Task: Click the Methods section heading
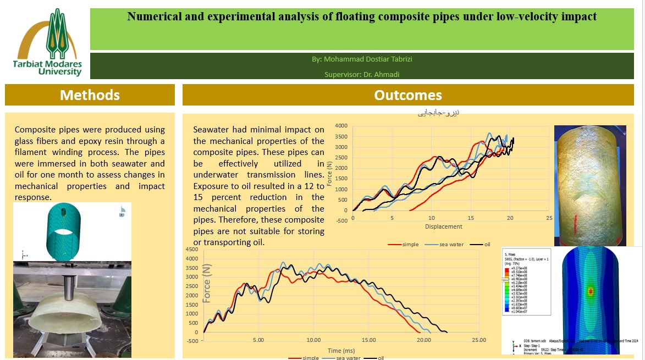click(90, 95)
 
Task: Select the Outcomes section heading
click(407, 95)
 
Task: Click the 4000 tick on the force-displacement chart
click(341, 126)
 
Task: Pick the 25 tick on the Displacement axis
click(549, 218)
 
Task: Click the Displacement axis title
click(444, 226)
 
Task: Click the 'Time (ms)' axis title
click(341, 350)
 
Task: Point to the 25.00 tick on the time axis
click(479, 340)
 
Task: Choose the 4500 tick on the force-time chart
click(191, 250)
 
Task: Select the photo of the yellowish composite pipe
click(590, 185)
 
